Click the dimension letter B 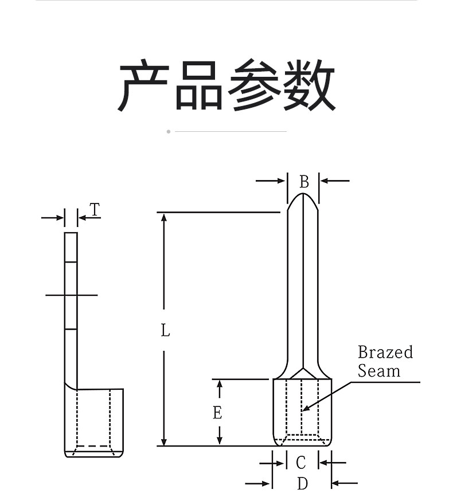(x=304, y=182)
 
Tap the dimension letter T (x=95, y=209)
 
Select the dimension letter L (x=165, y=330)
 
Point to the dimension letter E (x=217, y=412)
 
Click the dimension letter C (x=301, y=463)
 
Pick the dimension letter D (x=302, y=483)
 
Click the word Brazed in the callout (x=385, y=352)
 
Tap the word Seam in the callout (x=379, y=371)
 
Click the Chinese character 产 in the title (x=143, y=85)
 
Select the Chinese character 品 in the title (x=199, y=85)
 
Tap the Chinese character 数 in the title (x=309, y=85)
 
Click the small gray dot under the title (x=169, y=132)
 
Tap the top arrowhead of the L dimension (x=164, y=218)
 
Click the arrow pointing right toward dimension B (x=270, y=181)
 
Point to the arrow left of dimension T (x=53, y=218)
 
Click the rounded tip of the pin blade (x=303, y=194)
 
